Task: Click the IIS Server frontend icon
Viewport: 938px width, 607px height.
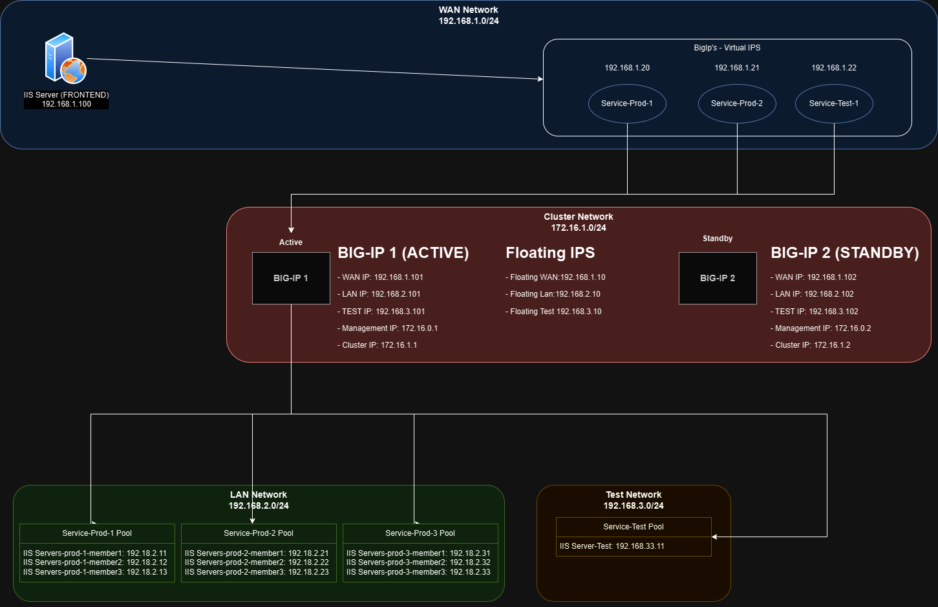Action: [x=65, y=58]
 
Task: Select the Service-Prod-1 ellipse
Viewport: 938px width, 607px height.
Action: [x=627, y=103]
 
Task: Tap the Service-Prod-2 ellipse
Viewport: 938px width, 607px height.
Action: [x=737, y=103]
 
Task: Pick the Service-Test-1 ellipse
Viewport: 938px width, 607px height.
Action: [x=834, y=103]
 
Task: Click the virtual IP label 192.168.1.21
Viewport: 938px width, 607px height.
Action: [x=737, y=68]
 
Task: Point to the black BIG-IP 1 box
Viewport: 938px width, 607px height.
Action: [x=291, y=278]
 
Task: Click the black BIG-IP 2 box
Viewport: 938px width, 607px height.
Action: [x=718, y=278]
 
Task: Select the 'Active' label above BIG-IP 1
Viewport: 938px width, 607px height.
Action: [x=291, y=242]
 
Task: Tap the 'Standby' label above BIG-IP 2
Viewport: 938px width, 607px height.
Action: [x=718, y=239]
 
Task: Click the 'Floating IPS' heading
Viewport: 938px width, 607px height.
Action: [x=550, y=253]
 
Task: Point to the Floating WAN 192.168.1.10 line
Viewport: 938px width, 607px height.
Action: [x=556, y=277]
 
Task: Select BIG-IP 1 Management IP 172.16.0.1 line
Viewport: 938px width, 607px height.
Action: [x=388, y=328]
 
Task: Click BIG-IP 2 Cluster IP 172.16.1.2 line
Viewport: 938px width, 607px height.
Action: [x=811, y=345]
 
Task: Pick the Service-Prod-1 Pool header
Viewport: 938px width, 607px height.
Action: [x=97, y=533]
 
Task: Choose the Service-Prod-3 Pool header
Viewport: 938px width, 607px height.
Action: [x=420, y=533]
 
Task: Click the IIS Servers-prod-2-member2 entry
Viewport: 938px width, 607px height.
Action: [x=257, y=562]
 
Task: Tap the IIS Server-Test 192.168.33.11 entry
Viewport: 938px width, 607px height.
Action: [x=612, y=546]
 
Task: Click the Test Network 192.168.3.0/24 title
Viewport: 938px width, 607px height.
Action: [x=634, y=500]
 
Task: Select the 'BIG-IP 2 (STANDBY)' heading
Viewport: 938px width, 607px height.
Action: [x=844, y=253]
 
